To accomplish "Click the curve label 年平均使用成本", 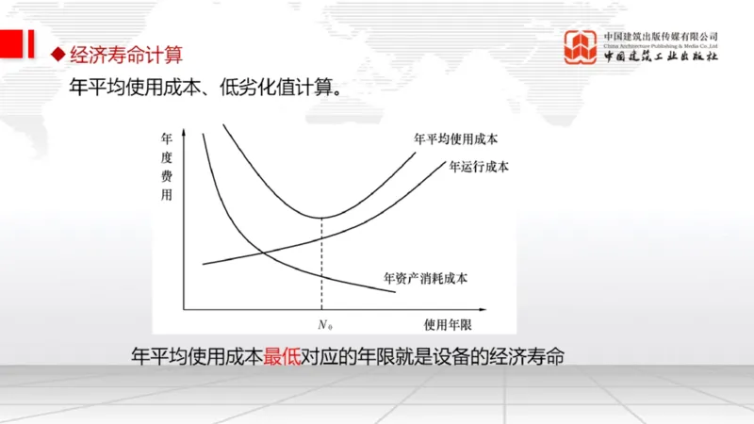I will pyautogui.click(x=455, y=139).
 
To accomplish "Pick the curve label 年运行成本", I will pyautogui.click(x=479, y=167).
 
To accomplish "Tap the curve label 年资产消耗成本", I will pyautogui.click(x=425, y=278).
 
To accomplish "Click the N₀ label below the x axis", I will pyautogui.click(x=324, y=325).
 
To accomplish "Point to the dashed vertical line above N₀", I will pyautogui.click(x=322, y=264).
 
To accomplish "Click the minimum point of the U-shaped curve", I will pyautogui.click(x=322, y=218).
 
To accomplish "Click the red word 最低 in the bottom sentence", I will pyautogui.click(x=282, y=357).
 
